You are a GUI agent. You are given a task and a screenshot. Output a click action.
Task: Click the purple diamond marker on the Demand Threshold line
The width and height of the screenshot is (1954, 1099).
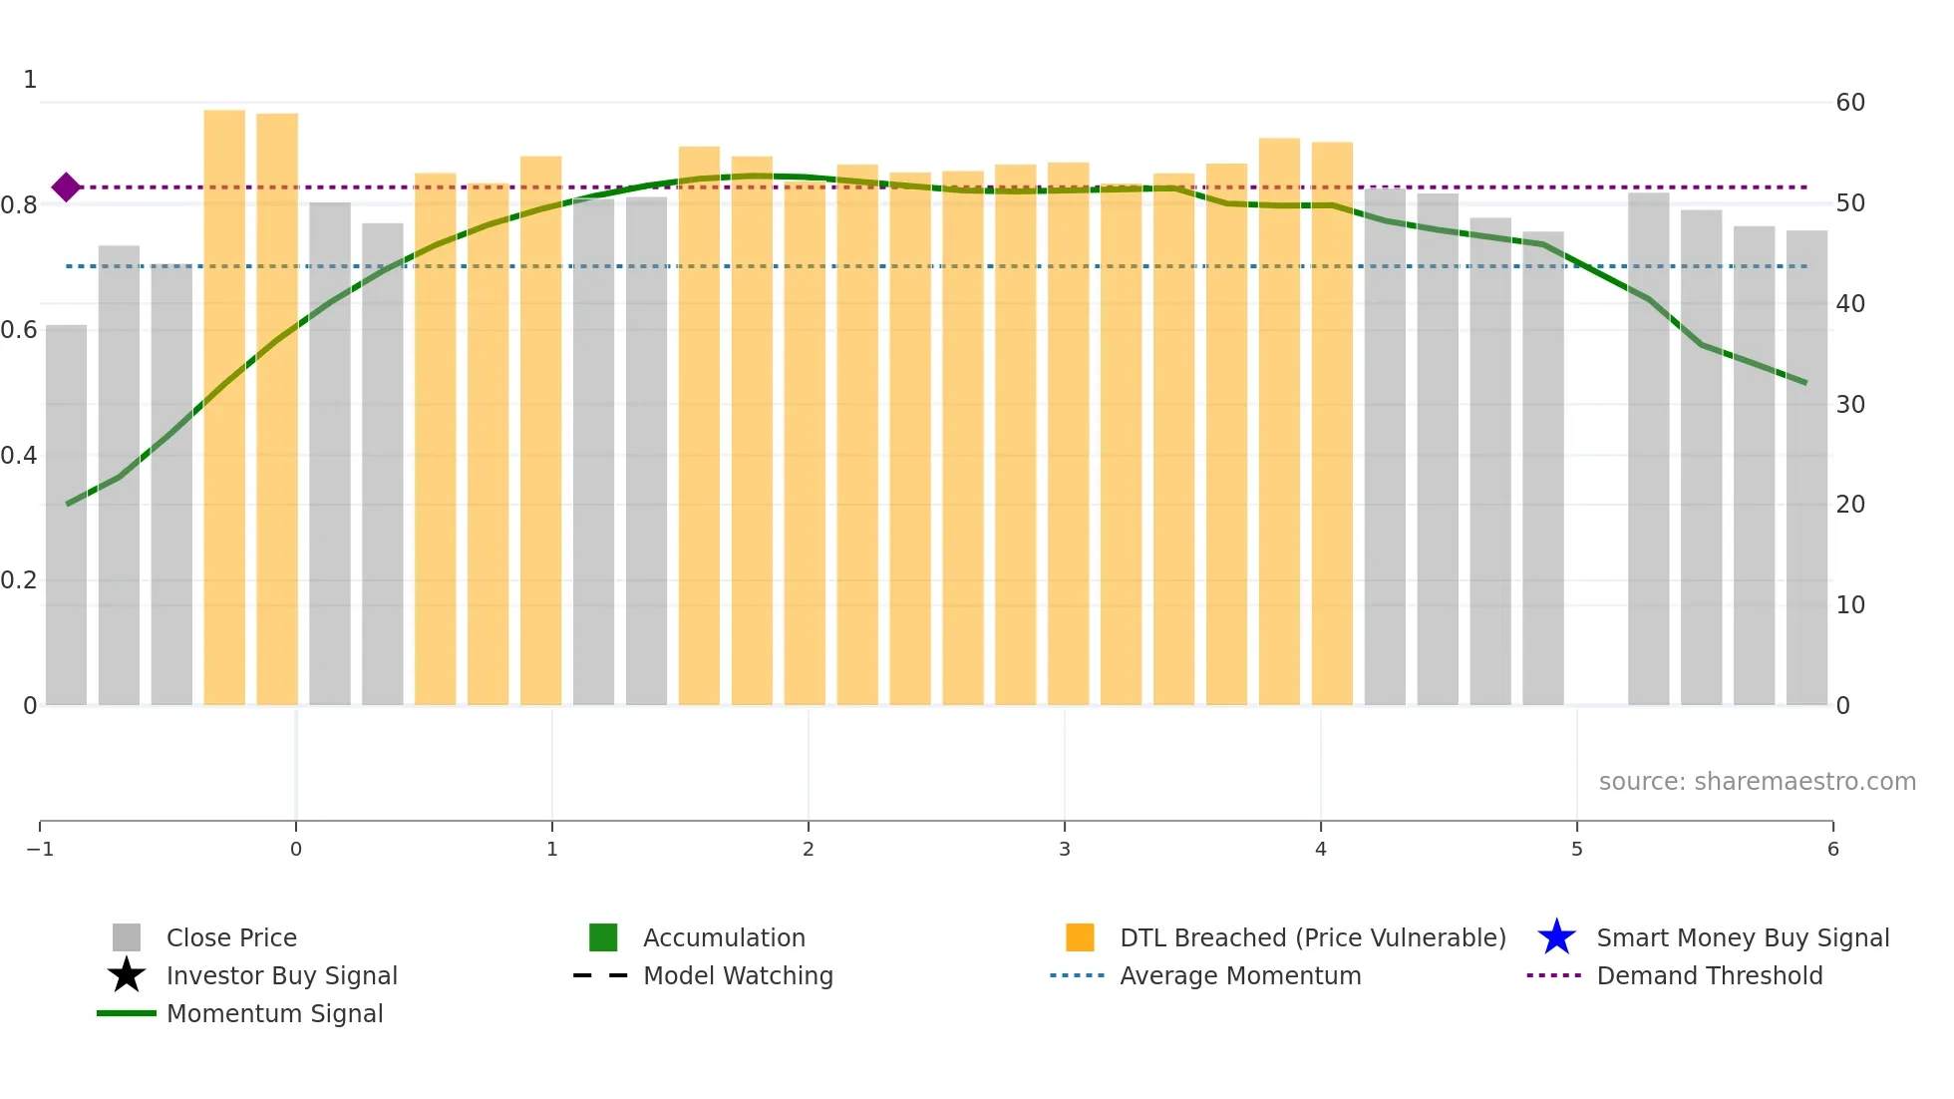[x=66, y=187]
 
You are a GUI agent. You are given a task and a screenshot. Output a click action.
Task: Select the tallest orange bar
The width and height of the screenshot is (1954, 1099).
[x=224, y=409]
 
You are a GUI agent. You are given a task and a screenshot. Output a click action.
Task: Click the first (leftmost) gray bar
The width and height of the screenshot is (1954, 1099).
[x=66, y=515]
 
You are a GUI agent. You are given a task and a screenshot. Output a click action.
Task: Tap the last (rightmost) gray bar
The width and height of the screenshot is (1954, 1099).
[x=1806, y=469]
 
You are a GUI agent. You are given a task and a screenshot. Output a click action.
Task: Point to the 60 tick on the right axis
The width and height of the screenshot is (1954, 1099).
[x=1850, y=103]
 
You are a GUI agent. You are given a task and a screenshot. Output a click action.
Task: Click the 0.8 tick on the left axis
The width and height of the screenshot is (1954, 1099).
[x=19, y=205]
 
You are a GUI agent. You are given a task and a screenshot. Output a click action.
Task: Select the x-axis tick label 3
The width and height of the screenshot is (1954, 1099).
[x=1065, y=849]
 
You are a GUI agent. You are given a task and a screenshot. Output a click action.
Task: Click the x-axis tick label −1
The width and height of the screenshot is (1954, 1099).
[x=40, y=849]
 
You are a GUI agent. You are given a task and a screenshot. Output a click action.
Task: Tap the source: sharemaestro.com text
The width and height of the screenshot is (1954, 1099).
[x=1757, y=782]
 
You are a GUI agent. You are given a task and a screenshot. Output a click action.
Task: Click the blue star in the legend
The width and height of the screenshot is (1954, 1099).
[x=1556, y=937]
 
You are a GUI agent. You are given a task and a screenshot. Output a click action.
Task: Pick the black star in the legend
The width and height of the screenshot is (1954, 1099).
[x=127, y=975]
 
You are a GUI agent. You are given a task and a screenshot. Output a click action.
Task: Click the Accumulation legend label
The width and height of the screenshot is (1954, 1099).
[x=724, y=937]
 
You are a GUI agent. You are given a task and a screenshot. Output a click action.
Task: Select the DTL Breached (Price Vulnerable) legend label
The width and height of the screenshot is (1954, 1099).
[x=1312, y=937]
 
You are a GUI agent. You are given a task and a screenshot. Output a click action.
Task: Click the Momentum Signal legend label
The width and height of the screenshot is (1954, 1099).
[x=274, y=1013]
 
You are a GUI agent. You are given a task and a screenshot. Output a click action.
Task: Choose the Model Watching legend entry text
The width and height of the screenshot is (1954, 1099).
[x=738, y=975]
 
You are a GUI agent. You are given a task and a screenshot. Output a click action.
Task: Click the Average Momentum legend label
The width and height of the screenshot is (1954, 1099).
[x=1240, y=975]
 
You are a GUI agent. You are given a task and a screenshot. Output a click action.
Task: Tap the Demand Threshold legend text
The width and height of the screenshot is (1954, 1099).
[x=1709, y=975]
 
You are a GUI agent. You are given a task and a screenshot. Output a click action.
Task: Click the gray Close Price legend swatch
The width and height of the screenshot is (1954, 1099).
[x=127, y=937]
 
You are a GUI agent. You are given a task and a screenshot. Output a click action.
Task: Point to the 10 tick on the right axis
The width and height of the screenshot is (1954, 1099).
[x=1850, y=605]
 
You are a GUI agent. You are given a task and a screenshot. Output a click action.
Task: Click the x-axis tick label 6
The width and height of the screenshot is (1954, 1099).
[x=1832, y=849]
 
